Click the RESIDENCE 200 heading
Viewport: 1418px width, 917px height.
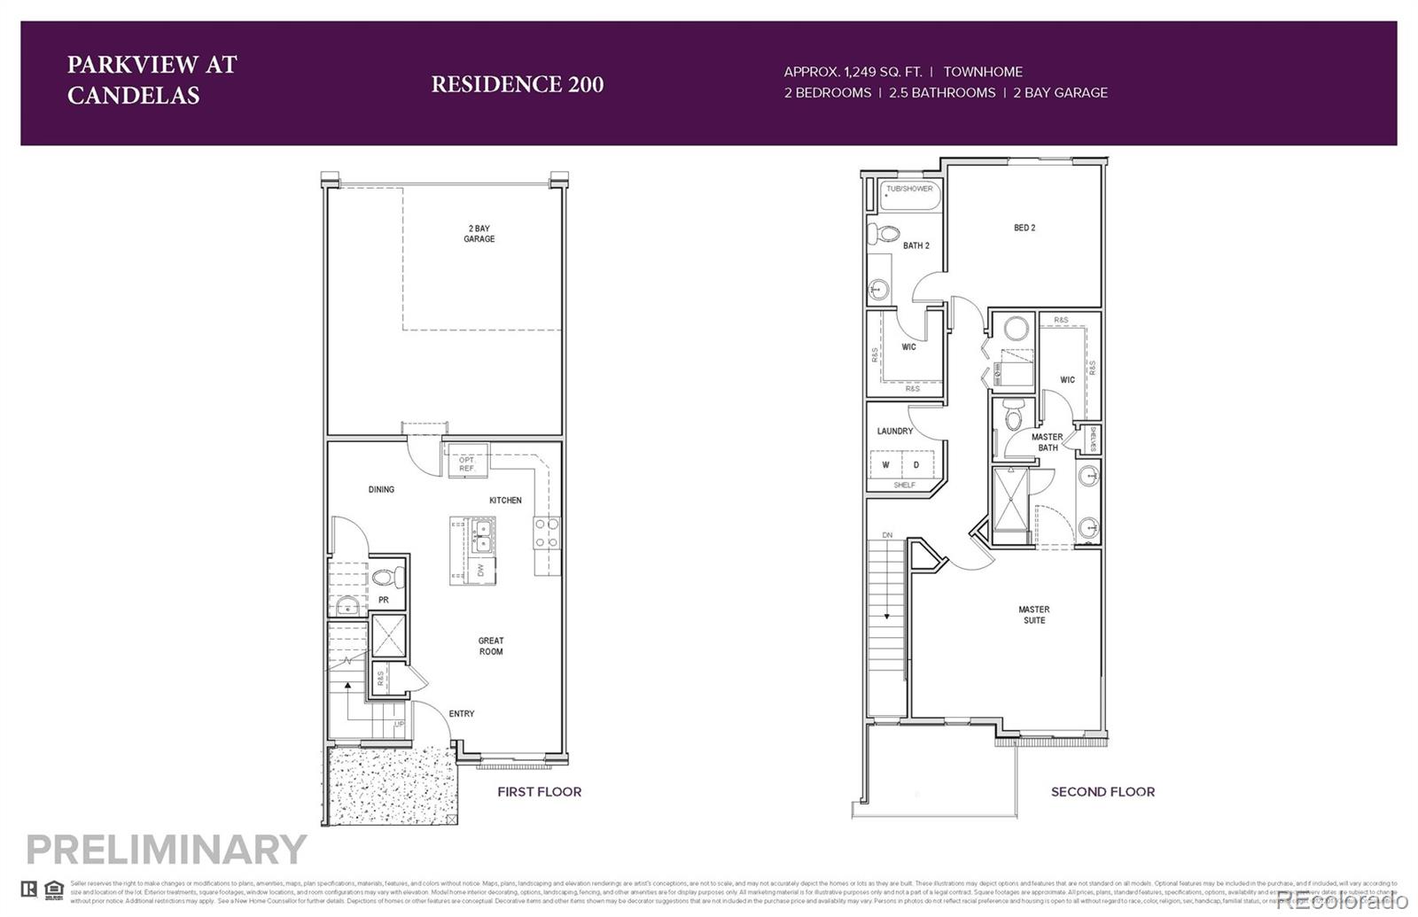[517, 84]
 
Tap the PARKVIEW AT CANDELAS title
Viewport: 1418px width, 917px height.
[152, 80]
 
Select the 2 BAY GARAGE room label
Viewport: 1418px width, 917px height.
[479, 234]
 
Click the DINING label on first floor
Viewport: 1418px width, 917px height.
[381, 489]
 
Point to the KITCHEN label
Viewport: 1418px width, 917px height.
[505, 501]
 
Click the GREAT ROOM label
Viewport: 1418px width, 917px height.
[491, 646]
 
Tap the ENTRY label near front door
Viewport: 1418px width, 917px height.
[461, 713]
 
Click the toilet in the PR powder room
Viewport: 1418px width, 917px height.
[387, 578]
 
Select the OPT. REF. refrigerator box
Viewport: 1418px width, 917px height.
[467, 463]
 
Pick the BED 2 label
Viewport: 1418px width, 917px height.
[1025, 228]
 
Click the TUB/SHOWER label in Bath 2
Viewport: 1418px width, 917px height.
[909, 189]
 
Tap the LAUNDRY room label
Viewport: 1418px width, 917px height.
[894, 431]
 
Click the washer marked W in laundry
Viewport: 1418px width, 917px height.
[885, 465]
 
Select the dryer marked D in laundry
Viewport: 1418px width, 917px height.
[916, 465]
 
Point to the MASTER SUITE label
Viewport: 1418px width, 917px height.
[1033, 615]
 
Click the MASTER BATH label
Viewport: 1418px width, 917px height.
[1047, 442]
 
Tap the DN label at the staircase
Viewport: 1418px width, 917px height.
[887, 535]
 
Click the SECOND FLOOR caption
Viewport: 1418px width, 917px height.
[1102, 792]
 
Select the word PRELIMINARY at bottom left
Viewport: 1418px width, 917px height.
[166, 850]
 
